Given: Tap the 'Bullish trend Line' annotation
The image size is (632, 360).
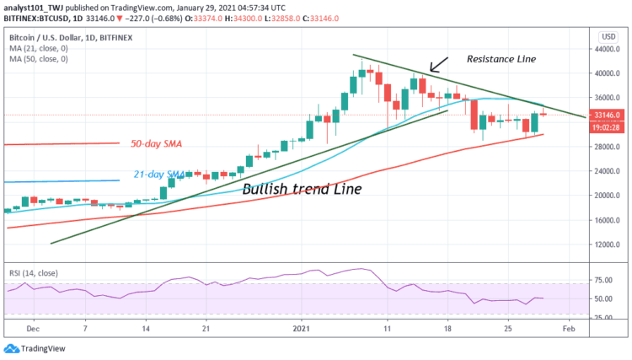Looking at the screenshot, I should click(x=302, y=190).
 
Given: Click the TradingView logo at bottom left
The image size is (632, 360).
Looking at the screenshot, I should click(x=35, y=348).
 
